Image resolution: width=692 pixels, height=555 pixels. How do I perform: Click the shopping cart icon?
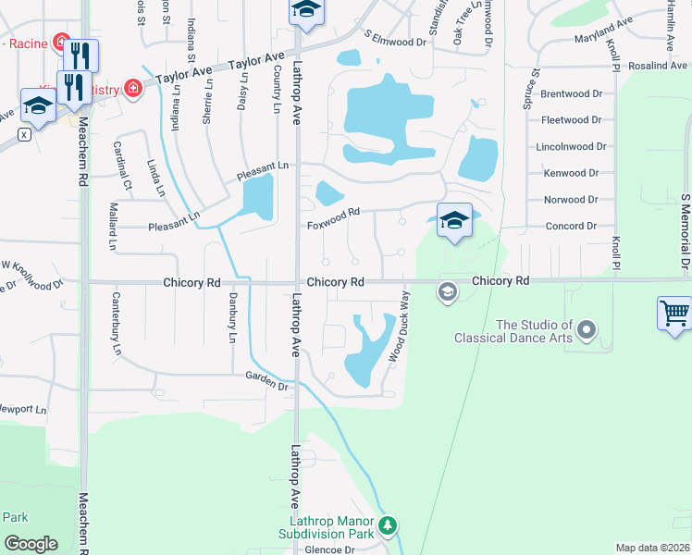tap(674, 313)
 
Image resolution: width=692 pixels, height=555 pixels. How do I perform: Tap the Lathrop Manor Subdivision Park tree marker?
tap(388, 525)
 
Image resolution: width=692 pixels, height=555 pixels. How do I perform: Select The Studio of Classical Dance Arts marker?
tap(586, 329)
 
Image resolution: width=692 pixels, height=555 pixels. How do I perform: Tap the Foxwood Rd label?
tap(332, 223)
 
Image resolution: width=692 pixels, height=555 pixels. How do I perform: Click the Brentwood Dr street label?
tap(571, 94)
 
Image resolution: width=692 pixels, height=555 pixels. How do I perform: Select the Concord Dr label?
tap(571, 226)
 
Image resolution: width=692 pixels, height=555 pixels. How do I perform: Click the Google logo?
tap(31, 543)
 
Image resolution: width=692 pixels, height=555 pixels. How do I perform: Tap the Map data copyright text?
tap(653, 548)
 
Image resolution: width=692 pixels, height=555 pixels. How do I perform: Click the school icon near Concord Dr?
tap(453, 220)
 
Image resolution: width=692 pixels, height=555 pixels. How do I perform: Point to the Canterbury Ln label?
tap(117, 323)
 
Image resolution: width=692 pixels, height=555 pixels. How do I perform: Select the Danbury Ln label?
tap(231, 318)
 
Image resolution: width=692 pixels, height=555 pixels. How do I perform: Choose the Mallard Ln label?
tap(113, 226)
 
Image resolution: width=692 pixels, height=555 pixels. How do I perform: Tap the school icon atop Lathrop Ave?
tap(304, 11)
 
